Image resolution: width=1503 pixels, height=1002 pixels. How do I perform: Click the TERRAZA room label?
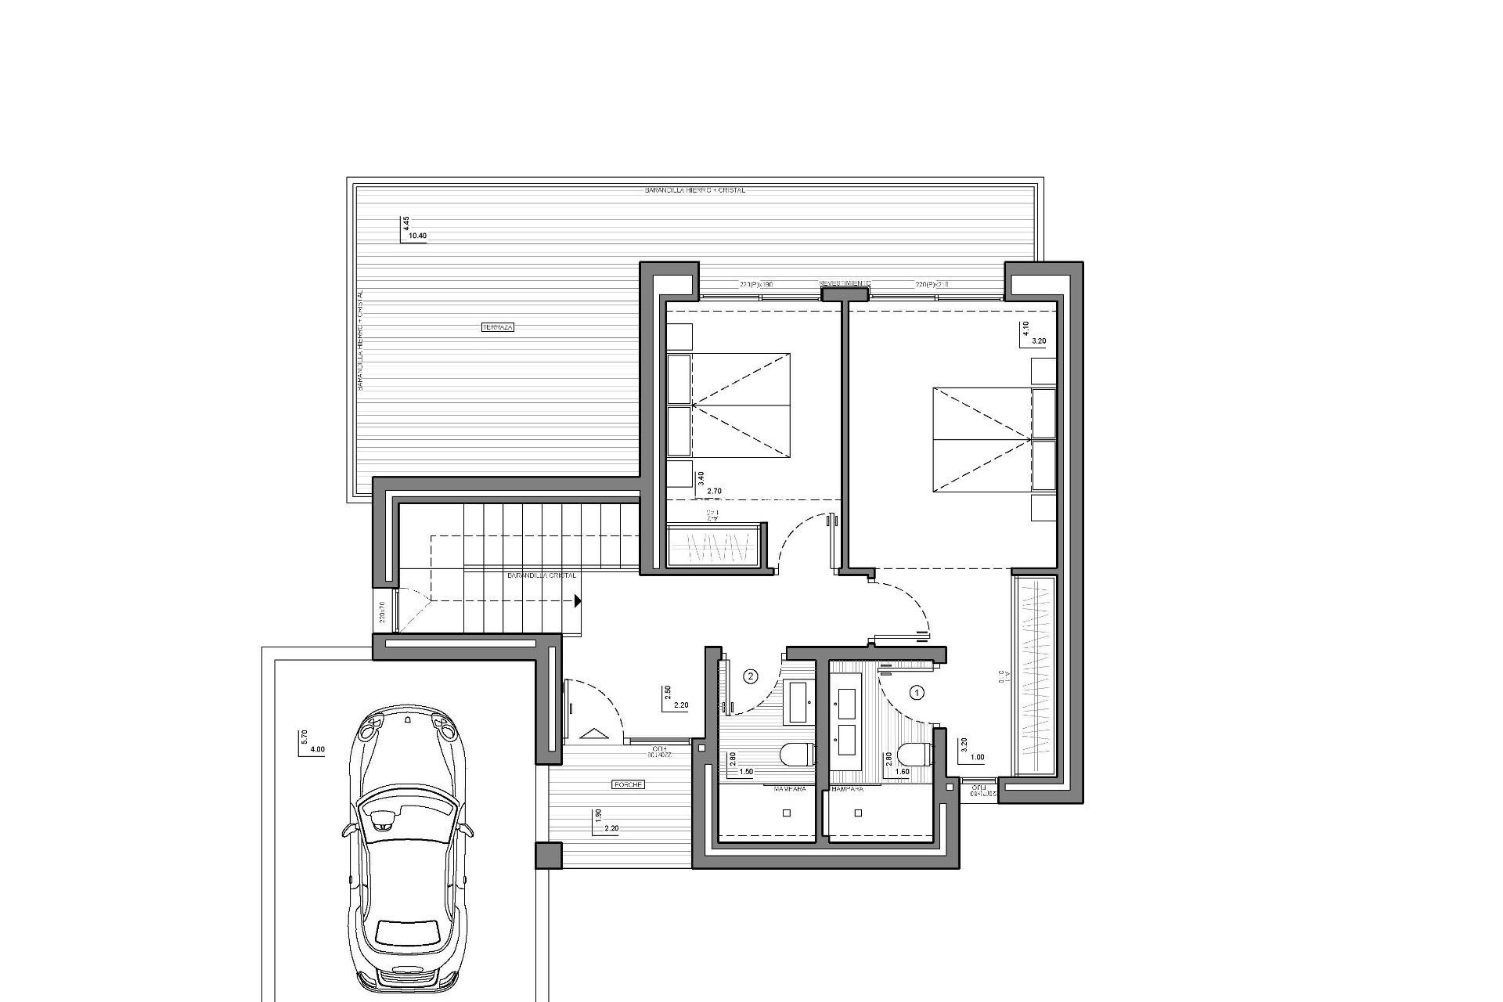(498, 327)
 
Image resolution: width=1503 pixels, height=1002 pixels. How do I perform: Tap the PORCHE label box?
(629, 784)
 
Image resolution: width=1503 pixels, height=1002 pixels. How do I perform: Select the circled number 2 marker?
(750, 676)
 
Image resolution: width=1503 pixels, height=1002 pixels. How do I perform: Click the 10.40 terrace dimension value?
(418, 236)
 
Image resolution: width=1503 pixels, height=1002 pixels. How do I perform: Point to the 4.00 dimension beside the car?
(317, 749)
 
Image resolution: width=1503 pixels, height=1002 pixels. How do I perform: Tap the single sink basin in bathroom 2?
(799, 701)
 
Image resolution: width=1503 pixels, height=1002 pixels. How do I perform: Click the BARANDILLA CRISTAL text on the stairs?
(542, 575)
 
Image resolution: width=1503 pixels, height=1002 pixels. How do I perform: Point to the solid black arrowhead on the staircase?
(577, 601)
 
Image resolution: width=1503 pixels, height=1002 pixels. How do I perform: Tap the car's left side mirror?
(345, 831)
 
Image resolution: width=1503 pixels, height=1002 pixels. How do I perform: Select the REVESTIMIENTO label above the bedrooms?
(845, 283)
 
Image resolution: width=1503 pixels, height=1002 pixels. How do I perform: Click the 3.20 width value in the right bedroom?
(1039, 341)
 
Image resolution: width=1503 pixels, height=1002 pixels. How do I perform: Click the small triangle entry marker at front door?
(594, 733)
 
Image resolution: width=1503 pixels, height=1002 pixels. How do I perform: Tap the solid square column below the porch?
(549, 856)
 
